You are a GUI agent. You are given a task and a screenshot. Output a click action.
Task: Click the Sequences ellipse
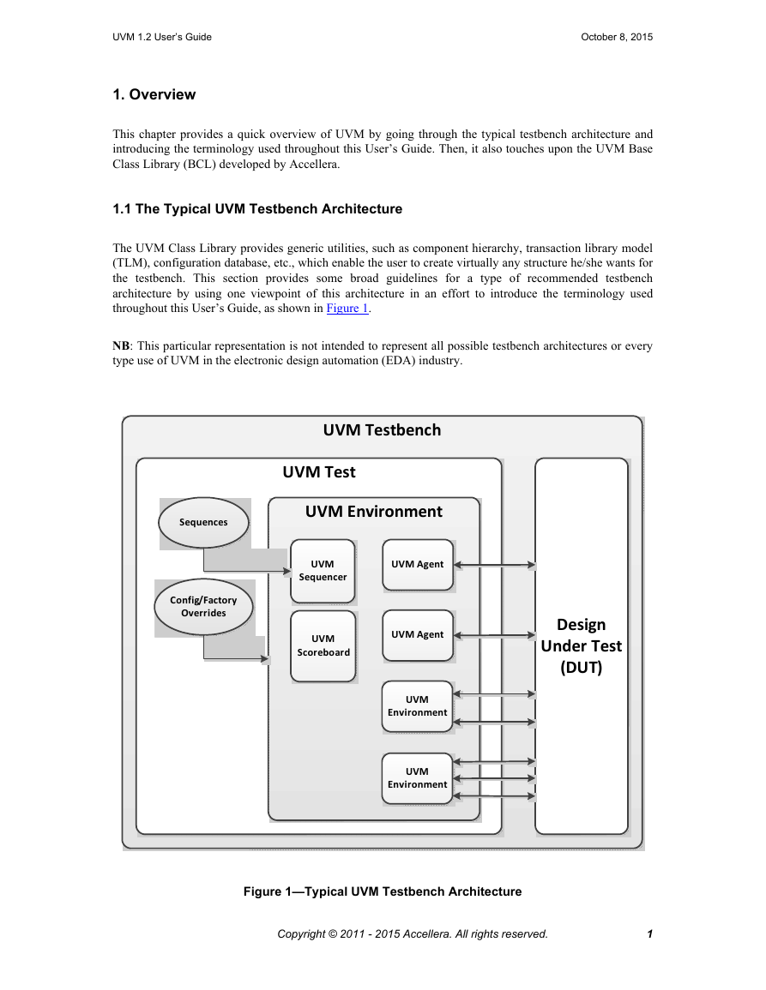203,522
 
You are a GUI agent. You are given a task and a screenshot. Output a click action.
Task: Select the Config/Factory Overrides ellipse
203,607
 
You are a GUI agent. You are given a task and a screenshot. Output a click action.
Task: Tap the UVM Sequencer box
323,571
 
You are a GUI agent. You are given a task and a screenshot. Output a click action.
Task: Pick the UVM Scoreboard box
323,646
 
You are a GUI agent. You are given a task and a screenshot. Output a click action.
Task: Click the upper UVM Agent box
418,565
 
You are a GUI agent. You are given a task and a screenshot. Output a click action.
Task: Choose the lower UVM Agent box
418,635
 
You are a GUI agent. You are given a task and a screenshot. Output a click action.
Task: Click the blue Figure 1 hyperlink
347,308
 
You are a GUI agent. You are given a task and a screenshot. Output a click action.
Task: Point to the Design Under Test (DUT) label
582,646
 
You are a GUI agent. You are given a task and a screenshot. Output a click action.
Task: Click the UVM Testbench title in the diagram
382,430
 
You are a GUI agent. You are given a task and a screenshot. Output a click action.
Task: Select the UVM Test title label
319,472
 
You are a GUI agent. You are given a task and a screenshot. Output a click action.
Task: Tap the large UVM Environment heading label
373,512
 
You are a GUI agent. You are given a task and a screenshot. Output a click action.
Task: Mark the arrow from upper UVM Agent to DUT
495,565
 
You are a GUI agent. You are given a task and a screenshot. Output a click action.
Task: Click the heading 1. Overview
154,94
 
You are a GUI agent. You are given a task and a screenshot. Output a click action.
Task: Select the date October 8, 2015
617,37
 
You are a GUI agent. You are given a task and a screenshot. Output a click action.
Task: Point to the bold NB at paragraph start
121,346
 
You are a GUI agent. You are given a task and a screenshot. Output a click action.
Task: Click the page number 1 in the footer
649,933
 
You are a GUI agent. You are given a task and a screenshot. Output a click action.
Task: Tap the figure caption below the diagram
383,891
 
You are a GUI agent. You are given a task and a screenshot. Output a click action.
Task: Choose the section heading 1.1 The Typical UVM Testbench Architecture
257,209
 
